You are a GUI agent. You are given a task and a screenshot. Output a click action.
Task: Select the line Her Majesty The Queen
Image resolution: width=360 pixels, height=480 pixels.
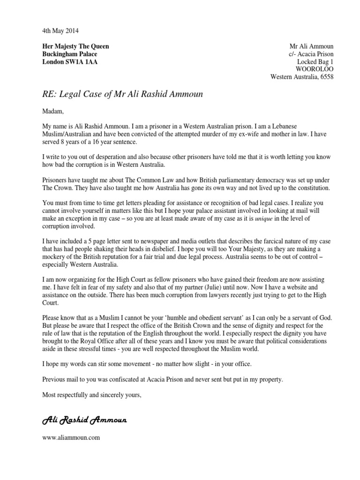tap(75, 46)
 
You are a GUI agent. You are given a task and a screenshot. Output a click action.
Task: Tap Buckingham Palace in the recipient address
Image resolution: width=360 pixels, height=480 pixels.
tap(70, 54)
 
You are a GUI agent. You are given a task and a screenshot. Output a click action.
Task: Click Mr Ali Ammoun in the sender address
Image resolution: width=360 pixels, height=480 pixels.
tap(312, 46)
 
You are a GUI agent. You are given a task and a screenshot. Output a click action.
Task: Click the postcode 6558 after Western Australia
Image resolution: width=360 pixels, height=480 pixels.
tap(326, 77)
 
